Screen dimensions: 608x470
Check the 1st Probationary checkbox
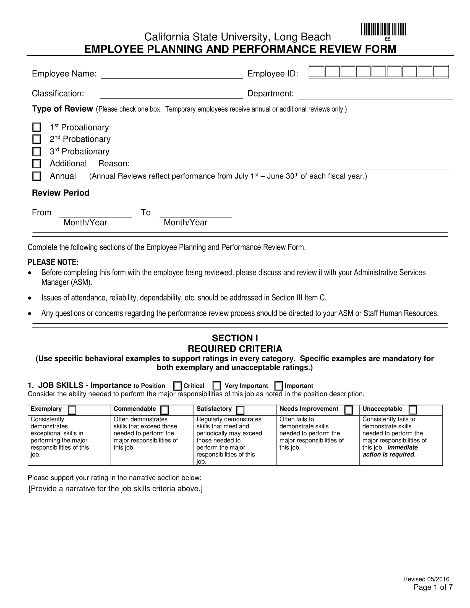tap(36, 127)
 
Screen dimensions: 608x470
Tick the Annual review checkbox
tap(36, 176)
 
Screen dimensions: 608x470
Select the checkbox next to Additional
tap(36, 163)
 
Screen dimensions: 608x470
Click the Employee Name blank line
tap(172, 75)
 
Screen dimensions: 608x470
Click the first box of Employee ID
tap(317, 72)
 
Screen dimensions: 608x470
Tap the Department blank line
tap(375, 95)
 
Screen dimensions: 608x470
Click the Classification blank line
tap(171, 94)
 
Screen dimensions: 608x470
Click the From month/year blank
tap(95, 213)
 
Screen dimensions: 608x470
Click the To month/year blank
tap(196, 213)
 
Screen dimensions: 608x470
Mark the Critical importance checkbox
tap(177, 386)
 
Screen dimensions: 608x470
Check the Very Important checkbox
tap(217, 386)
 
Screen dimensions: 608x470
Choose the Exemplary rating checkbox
tap(72, 410)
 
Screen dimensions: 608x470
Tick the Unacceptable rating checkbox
tap(413, 410)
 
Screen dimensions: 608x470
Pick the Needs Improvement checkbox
tap(348, 410)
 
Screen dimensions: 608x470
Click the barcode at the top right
tap(384, 30)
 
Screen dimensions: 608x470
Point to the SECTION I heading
tap(235, 338)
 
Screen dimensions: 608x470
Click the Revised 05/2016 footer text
tap(426, 579)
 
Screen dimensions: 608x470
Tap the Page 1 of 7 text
tap(433, 587)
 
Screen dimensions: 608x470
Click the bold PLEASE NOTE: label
tap(53, 262)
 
